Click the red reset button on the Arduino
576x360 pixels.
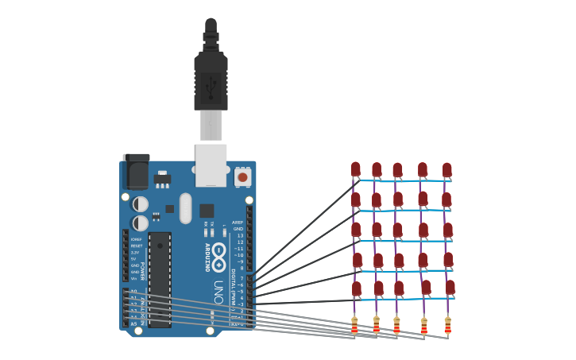point(242,177)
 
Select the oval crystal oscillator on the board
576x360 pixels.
point(185,208)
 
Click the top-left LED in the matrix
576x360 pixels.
point(356,169)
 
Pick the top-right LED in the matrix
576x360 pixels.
point(447,170)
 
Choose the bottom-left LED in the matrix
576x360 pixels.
point(357,288)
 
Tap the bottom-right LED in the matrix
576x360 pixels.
point(450,288)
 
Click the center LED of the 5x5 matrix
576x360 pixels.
point(397,230)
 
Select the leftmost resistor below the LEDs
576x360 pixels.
point(354,324)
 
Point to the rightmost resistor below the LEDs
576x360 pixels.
point(447,326)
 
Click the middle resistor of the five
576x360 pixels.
point(396,325)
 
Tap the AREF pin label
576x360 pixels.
point(238,223)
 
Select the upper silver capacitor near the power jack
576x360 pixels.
point(140,204)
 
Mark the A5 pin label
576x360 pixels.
point(133,323)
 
